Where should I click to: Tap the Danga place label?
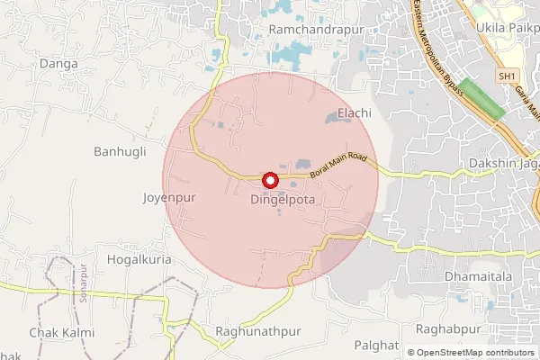coord(60,66)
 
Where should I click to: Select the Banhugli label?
coord(119,151)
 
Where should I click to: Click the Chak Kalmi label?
coord(61,332)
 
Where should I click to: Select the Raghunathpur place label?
coord(258,331)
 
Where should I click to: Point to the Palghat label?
coord(376,345)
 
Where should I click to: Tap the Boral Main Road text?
coord(338,164)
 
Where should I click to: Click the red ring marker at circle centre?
coord(269,180)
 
